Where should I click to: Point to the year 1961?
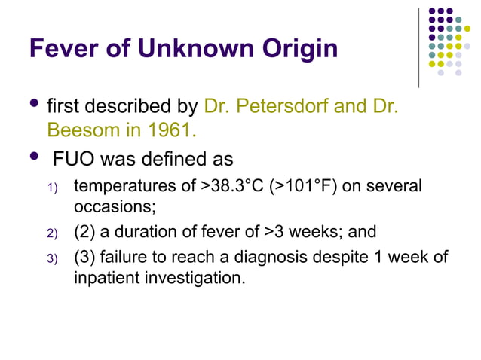pos(170,131)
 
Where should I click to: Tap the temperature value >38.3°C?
pos(233,186)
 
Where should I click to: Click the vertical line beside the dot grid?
pos(419,47)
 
